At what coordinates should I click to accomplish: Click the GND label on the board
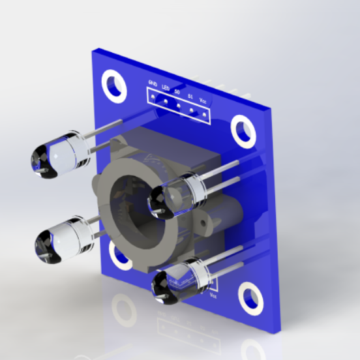(x=153, y=83)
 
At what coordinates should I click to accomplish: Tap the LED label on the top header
(x=166, y=87)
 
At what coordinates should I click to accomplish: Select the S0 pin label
(x=177, y=92)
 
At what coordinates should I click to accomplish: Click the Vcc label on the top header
(x=203, y=101)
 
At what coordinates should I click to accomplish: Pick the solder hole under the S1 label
(x=192, y=110)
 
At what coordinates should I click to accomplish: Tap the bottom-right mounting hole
(x=251, y=297)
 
